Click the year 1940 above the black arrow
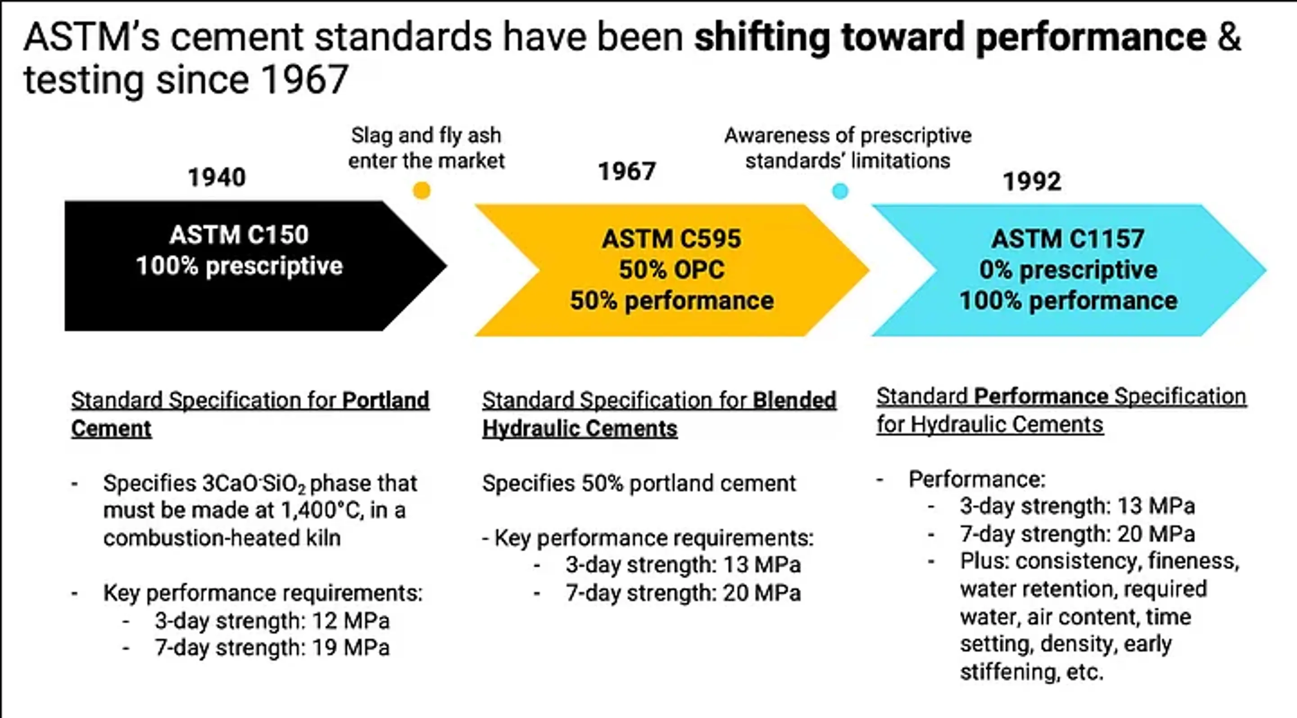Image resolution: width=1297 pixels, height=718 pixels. click(217, 178)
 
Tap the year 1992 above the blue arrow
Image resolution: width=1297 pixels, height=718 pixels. click(1032, 181)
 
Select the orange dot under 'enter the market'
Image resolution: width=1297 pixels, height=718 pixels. click(422, 191)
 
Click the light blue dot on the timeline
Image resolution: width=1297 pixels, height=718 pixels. click(840, 191)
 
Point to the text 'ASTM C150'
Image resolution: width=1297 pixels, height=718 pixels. click(239, 235)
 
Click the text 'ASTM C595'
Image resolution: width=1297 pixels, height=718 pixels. click(671, 239)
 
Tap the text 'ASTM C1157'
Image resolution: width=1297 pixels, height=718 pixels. click(1068, 239)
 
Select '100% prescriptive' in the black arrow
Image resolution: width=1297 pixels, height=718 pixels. click(239, 266)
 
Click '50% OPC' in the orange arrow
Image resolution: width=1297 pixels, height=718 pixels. click(671, 270)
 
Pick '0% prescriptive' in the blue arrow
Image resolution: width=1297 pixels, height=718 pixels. click(1068, 270)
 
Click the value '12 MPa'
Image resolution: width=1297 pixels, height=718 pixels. click(350, 621)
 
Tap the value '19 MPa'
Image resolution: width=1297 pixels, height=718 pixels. click(350, 648)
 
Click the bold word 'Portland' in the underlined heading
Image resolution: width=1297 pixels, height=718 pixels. click(385, 401)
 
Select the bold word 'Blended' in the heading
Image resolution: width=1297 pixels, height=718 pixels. click(794, 401)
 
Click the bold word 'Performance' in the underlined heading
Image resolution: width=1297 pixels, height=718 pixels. click(1041, 397)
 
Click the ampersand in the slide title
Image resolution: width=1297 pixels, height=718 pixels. click(1229, 37)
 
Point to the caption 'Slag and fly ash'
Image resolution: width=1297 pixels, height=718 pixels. click(426, 136)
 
